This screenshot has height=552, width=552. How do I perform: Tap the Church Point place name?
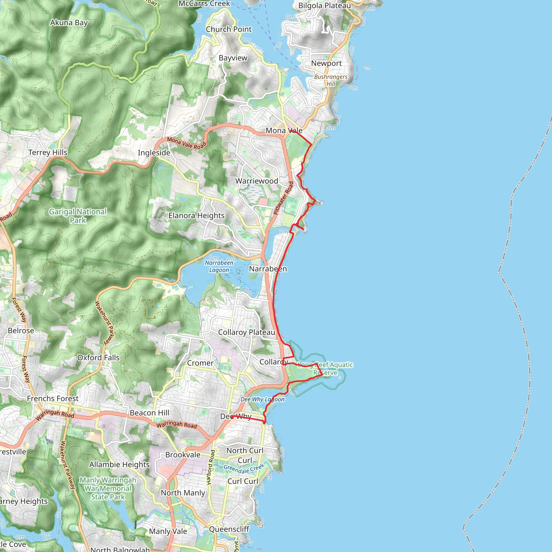pyautogui.click(x=229, y=29)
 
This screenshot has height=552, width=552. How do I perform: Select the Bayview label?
pyautogui.click(x=233, y=58)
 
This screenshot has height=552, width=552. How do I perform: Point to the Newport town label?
pyautogui.click(x=326, y=63)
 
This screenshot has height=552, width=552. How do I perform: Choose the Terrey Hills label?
pyautogui.click(x=48, y=153)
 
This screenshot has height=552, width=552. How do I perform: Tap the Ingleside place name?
pyautogui.click(x=154, y=153)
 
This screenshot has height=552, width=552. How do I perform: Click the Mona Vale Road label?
pyautogui.click(x=186, y=143)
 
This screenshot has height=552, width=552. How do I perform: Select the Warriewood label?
pyautogui.click(x=257, y=181)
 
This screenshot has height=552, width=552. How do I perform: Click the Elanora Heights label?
pyautogui.click(x=196, y=215)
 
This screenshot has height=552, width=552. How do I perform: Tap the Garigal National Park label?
pyautogui.click(x=78, y=216)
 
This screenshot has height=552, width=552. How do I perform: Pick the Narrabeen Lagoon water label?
pyautogui.click(x=219, y=266)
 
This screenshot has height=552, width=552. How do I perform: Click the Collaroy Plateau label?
pyautogui.click(x=246, y=332)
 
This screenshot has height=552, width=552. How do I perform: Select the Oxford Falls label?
pyautogui.click(x=98, y=358)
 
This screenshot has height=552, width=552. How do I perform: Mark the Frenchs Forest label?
pyautogui.click(x=53, y=399)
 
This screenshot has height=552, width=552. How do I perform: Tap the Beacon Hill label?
pyautogui.click(x=149, y=413)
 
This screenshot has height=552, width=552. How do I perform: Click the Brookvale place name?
pyautogui.click(x=183, y=455)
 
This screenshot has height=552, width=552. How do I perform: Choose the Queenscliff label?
pyautogui.click(x=229, y=529)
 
